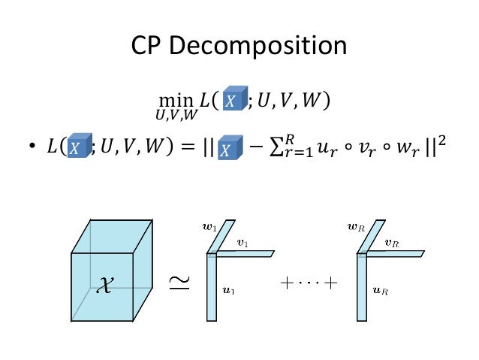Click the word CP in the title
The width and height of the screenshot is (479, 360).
click(x=149, y=47)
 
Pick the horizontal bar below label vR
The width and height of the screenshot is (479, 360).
click(x=394, y=253)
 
